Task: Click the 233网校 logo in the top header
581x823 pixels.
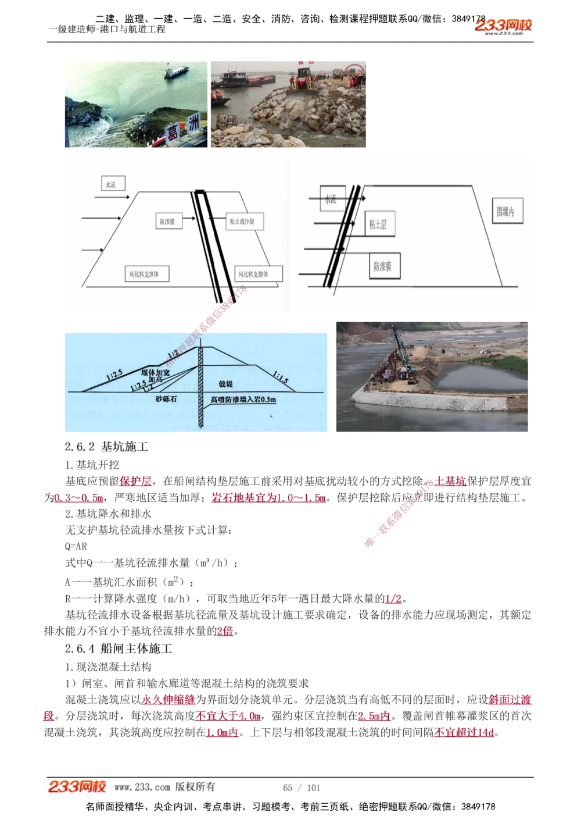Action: tap(503, 26)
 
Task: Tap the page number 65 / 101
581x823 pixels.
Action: tap(302, 788)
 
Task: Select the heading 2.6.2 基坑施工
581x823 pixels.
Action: tap(106, 447)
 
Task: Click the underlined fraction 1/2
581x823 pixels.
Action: tap(393, 598)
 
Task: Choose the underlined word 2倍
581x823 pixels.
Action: tap(225, 631)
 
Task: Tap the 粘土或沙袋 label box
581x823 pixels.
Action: tap(242, 222)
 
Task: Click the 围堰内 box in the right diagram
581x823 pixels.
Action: tap(505, 212)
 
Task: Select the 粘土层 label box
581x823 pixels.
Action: tap(378, 224)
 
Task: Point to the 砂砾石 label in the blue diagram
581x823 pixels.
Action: tap(166, 399)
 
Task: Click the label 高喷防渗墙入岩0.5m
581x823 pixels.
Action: tap(243, 400)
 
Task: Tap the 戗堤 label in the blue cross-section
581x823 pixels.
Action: tap(225, 384)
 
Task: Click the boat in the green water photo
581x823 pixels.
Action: tap(177, 72)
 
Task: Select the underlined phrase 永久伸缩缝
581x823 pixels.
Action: tap(168, 700)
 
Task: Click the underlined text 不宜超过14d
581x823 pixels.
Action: tap(464, 732)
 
